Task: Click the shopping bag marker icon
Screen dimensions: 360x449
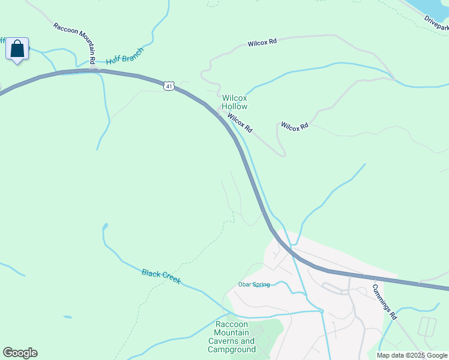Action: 17,49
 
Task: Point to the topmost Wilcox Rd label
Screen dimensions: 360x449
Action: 262,43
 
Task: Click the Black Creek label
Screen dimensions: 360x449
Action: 161,277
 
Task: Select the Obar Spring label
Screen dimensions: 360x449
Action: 254,284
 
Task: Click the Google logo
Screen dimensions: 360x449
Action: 20,353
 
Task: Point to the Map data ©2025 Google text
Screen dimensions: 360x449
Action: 412,355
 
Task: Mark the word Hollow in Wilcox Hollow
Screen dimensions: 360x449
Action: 234,106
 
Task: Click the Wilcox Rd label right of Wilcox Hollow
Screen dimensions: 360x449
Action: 295,126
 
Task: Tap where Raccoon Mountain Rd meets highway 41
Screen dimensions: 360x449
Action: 95,70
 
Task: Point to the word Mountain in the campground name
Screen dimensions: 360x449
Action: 235,333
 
